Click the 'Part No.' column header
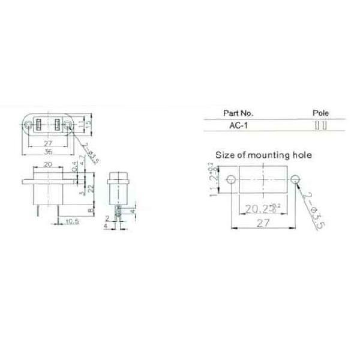tap(238, 113)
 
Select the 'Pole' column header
tap(321, 113)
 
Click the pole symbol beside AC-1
tap(321, 125)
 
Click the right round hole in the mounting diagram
tap(295, 179)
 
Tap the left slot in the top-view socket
tap(38, 125)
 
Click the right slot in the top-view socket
tap(58, 125)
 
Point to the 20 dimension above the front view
tap(47, 164)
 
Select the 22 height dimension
tap(91, 188)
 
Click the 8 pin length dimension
tap(91, 211)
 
